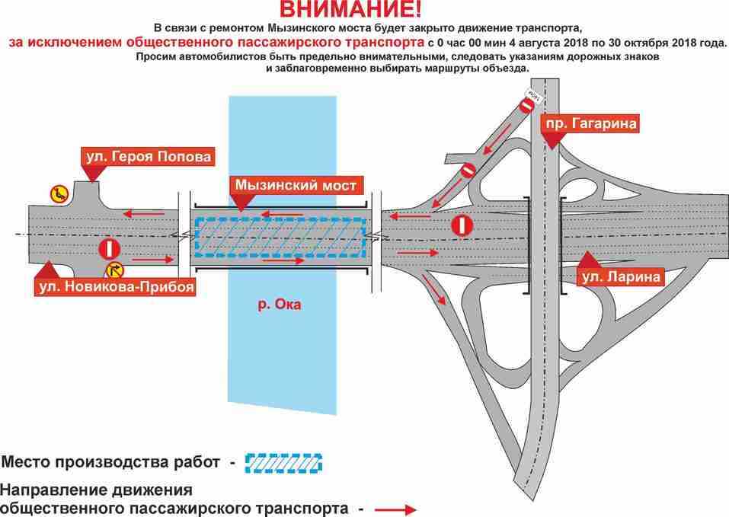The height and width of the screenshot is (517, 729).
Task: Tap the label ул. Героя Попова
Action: coord(147,157)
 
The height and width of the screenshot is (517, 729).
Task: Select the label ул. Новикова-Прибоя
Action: coord(115,286)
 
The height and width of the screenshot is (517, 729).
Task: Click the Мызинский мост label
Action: coord(295,185)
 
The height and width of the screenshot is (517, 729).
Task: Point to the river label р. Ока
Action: coord(279,305)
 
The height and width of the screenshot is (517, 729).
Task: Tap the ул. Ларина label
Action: coord(620,277)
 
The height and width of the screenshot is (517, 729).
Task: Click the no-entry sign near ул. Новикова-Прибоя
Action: coord(110,248)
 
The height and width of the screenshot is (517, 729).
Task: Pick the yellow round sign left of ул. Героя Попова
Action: coord(58,193)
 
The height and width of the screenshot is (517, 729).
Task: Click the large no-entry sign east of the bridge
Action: coord(462,225)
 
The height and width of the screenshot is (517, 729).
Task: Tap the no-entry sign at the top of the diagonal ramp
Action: coord(526,106)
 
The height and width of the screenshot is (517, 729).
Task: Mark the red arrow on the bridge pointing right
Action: coord(283,260)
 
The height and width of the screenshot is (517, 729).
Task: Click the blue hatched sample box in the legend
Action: coord(283,462)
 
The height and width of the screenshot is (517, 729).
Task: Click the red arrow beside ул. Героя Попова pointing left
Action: coord(145,212)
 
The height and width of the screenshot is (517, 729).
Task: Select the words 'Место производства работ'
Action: coord(112,461)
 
